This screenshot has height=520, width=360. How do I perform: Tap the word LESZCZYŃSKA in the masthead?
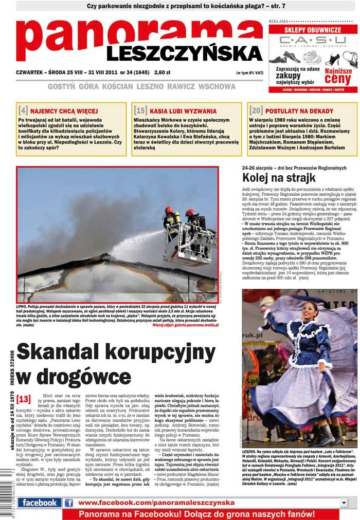click(x=185, y=53)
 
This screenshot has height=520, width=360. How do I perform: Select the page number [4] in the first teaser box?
click(x=23, y=110)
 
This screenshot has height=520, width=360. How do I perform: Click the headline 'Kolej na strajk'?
click(x=278, y=178)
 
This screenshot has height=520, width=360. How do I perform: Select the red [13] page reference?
click(x=24, y=398)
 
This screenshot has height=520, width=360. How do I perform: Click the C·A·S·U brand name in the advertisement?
click(x=313, y=40)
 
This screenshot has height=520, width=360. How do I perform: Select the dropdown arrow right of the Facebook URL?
click(x=344, y=503)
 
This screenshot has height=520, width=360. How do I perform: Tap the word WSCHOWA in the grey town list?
click(x=217, y=86)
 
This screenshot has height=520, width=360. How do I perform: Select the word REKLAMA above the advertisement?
click(x=278, y=21)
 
